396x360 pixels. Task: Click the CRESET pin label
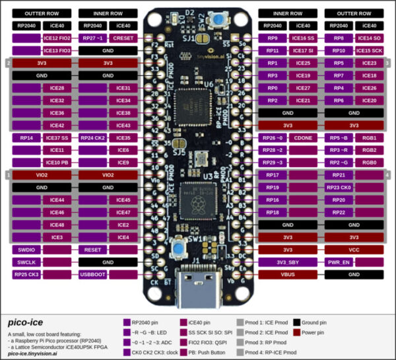(123, 38)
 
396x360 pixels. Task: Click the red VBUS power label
(288, 273)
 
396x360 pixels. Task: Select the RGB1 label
(369, 138)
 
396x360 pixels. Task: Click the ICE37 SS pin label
(57, 138)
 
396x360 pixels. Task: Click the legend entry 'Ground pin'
(319, 322)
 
